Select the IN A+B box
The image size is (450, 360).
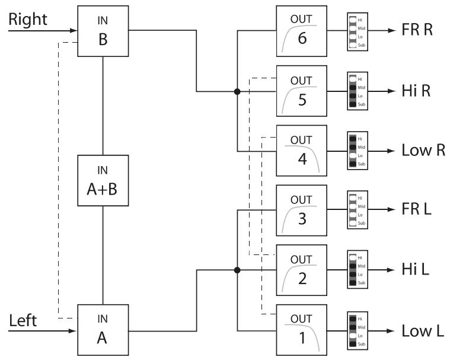(x=103, y=180)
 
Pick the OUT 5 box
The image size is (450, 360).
(x=302, y=91)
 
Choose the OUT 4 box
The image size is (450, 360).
(x=302, y=150)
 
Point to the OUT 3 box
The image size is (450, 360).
(x=302, y=209)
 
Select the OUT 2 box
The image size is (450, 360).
(x=302, y=269)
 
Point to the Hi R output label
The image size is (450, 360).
(x=414, y=91)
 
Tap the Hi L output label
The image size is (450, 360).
(x=413, y=269)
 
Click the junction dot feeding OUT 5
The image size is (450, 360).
(x=237, y=91)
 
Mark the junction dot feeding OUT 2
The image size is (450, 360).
(x=237, y=270)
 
